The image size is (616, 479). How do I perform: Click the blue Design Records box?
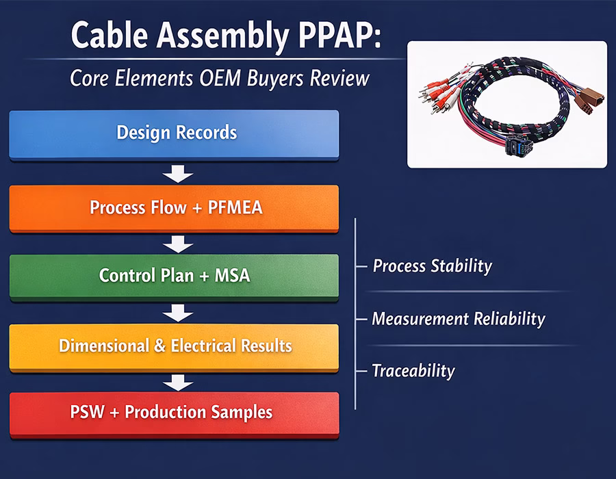[x=174, y=132]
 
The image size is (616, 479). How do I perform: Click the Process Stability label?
[x=432, y=266]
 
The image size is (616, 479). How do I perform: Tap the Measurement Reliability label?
[x=458, y=318]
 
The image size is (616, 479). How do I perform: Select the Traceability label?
[x=413, y=371]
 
